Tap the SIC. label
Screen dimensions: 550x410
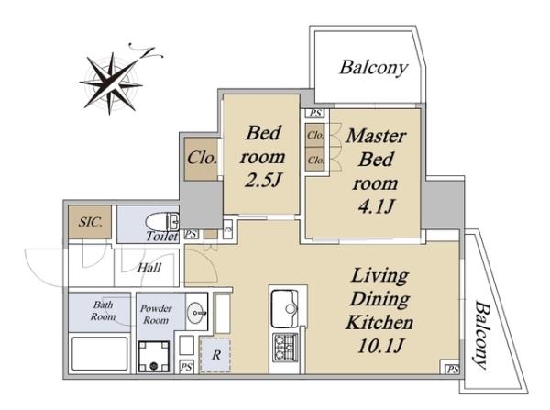point(90,222)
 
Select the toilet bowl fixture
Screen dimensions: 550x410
point(162,222)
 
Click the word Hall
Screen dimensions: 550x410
point(149,268)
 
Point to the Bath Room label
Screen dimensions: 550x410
point(103,310)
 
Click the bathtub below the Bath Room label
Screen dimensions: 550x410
point(100,353)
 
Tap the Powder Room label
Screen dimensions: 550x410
point(156,315)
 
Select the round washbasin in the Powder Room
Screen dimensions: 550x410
point(197,312)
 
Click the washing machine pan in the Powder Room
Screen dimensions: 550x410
point(154,356)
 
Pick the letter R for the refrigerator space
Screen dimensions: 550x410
point(216,355)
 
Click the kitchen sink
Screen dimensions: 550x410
point(285,308)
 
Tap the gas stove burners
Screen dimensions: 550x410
point(285,347)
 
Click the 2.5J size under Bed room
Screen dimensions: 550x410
point(263,181)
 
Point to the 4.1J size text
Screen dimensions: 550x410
point(376,206)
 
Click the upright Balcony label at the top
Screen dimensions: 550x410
point(374,67)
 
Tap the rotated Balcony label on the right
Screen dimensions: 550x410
point(481,335)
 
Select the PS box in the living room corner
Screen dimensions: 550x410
point(452,369)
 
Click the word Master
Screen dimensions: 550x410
point(376,136)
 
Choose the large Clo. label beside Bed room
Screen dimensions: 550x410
point(202,158)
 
